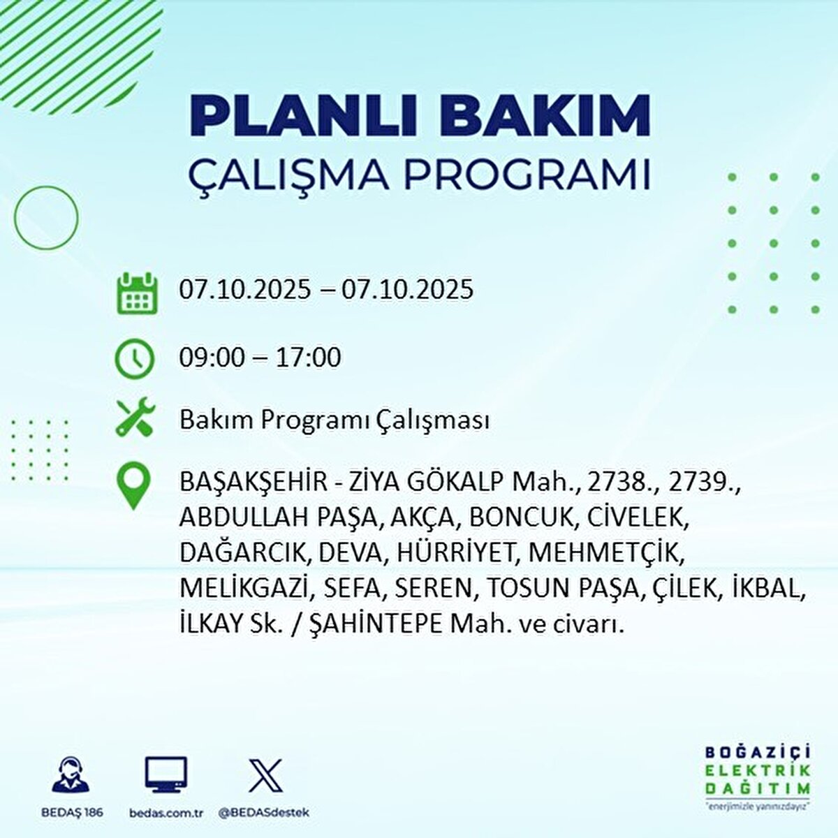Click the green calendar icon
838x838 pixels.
coord(135,293)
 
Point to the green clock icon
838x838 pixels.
coord(134,358)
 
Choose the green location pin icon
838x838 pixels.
coord(133,486)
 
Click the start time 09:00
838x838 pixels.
coord(212,358)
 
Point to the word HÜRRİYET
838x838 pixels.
coord(457,552)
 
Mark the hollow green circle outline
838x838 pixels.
coord(46,219)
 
